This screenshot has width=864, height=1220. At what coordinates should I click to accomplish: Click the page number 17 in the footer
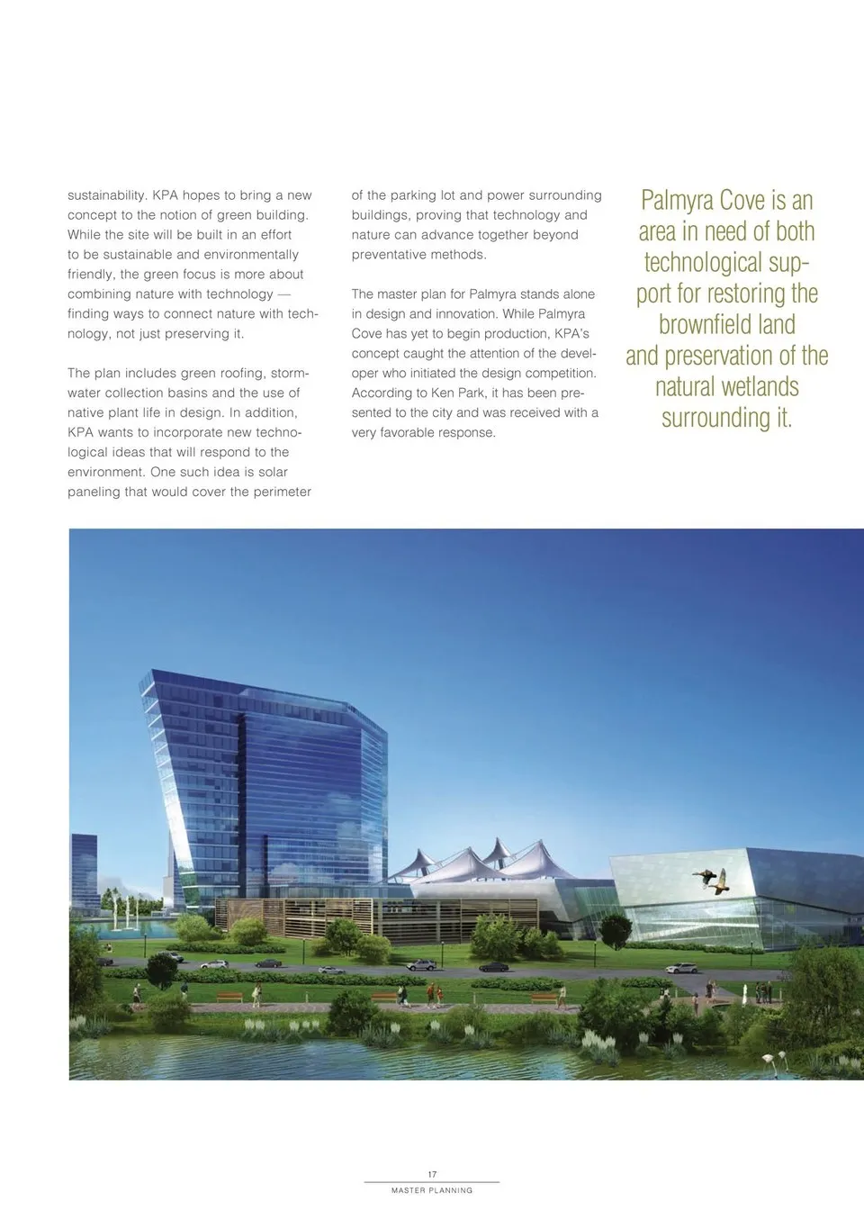click(x=432, y=1174)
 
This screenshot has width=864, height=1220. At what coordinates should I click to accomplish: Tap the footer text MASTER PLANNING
click(x=432, y=1190)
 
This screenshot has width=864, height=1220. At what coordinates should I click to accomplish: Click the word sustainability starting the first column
click(x=106, y=195)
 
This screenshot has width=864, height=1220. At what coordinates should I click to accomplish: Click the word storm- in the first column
click(x=289, y=374)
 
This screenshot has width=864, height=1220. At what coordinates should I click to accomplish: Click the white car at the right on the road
click(x=681, y=969)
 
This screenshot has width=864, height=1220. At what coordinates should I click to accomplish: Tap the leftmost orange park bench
click(x=229, y=998)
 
